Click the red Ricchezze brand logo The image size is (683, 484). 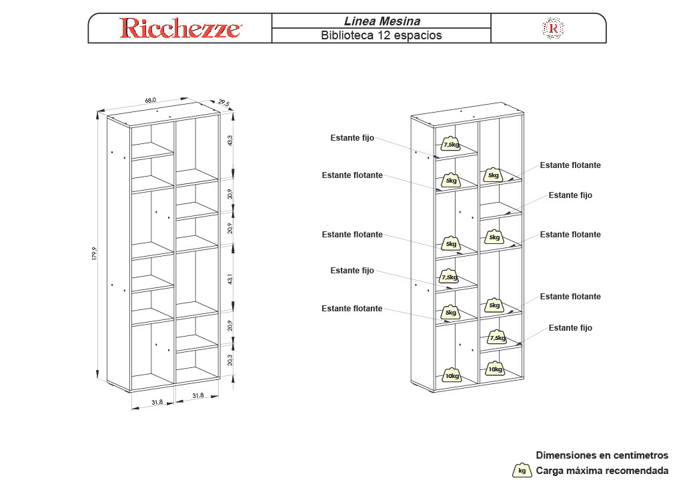(180, 28)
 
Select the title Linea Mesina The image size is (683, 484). (382, 21)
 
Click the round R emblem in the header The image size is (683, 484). (553, 28)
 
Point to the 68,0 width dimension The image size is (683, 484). (151, 101)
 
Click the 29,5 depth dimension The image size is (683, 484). (223, 103)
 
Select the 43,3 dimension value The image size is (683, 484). (230, 141)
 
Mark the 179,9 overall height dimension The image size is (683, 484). (95, 254)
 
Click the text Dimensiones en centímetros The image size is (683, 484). (602, 455)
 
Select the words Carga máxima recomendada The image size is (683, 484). (602, 471)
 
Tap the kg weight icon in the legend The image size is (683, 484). (522, 471)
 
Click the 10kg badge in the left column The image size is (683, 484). (452, 375)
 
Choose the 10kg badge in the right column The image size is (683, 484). (494, 369)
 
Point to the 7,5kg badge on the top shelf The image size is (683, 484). (451, 144)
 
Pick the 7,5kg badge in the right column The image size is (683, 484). (496, 337)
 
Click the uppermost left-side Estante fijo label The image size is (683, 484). (352, 138)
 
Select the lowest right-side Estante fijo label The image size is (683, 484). (570, 328)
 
